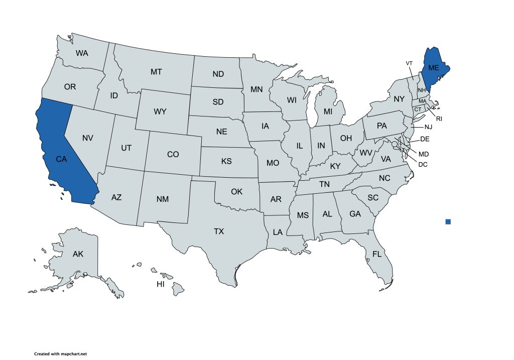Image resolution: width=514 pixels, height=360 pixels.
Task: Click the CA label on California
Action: [61, 159]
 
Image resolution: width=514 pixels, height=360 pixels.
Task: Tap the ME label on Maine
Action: [433, 68]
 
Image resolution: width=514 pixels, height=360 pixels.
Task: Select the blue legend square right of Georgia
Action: [448, 221]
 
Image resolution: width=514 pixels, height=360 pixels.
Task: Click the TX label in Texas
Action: [219, 231]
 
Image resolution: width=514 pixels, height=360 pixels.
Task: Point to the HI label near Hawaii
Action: [161, 284]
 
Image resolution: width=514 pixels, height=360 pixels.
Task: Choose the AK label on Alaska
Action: [78, 254]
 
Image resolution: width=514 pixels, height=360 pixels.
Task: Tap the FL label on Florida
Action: [377, 254]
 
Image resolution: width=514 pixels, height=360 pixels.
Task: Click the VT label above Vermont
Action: [409, 63]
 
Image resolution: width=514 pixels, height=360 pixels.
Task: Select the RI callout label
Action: [439, 119]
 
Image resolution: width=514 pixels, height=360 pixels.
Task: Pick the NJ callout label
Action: [428, 127]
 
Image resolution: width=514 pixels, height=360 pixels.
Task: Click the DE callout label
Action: [425, 139]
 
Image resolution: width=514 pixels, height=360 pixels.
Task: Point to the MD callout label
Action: [424, 154]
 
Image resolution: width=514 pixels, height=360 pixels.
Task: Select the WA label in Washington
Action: [82, 53]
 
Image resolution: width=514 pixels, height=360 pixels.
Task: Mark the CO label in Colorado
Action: [173, 154]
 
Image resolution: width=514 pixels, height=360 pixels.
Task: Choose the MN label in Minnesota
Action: [256, 90]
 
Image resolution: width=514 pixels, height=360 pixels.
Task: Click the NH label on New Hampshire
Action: [422, 90]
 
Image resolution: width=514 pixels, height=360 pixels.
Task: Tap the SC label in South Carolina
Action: [372, 198]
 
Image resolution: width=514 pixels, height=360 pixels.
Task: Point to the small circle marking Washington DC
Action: [395, 144]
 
